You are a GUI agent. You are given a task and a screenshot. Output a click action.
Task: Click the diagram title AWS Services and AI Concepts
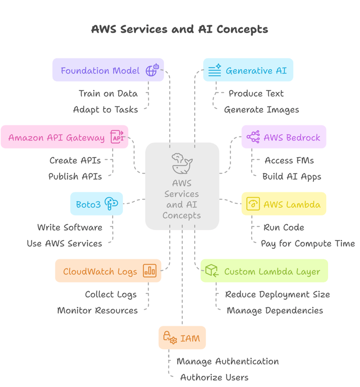click(x=180, y=29)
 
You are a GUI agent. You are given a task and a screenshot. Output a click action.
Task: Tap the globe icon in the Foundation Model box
click(x=152, y=70)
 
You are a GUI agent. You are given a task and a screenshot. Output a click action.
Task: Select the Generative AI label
click(x=256, y=71)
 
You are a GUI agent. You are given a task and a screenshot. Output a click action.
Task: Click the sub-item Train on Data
click(x=108, y=93)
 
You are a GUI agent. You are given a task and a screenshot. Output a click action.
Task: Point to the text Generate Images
click(x=261, y=110)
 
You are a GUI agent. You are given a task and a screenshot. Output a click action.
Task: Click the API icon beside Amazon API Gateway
click(x=117, y=137)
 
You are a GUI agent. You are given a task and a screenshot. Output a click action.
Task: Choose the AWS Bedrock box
click(x=284, y=137)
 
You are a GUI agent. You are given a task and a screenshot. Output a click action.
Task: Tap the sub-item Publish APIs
click(x=75, y=177)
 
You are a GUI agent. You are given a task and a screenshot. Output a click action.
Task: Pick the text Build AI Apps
click(x=292, y=177)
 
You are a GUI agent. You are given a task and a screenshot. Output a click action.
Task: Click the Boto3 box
click(x=97, y=204)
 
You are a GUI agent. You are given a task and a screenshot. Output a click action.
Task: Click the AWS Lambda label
click(x=292, y=204)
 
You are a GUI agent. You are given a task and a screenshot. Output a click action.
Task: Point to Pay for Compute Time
click(x=307, y=244)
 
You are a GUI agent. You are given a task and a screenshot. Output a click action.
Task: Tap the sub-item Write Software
click(x=69, y=227)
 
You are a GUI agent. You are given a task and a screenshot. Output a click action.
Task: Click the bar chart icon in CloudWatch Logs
click(x=150, y=270)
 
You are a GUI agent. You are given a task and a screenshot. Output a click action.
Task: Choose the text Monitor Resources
click(x=97, y=310)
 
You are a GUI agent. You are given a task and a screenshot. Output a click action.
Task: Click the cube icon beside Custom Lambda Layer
click(x=211, y=270)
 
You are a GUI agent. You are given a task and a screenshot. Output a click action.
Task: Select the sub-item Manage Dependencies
click(x=275, y=310)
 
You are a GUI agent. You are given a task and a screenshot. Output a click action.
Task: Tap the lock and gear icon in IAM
click(x=170, y=337)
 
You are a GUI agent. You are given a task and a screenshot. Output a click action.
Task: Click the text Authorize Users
click(x=214, y=377)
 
